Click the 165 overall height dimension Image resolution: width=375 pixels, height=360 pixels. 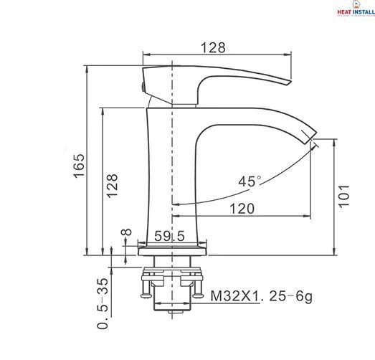point(79,166)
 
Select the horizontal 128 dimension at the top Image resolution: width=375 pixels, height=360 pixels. point(213,47)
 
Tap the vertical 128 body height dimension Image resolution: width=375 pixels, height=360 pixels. point(112,186)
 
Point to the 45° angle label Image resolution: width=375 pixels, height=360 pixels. point(250,181)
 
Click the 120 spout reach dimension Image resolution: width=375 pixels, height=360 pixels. point(242,209)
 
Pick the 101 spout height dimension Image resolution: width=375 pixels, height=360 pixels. point(343,195)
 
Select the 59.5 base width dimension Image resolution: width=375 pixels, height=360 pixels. point(169,236)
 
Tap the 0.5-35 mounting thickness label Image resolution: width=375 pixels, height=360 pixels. point(103,303)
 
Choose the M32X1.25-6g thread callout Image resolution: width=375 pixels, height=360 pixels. point(262,297)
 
